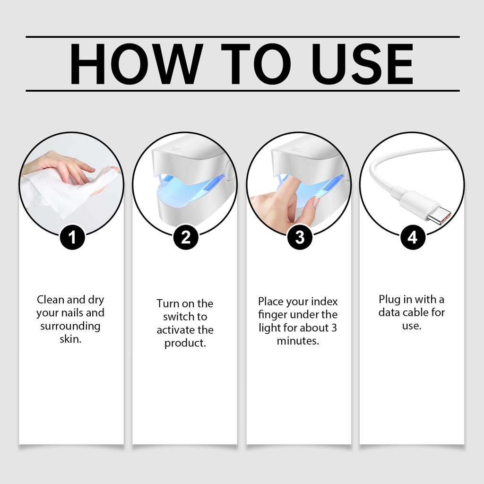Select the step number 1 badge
[x=72, y=237]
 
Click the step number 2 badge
[x=185, y=237]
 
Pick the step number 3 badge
[x=299, y=237]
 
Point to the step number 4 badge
[x=413, y=237]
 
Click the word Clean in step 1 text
[x=50, y=299]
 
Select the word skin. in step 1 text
[x=70, y=339]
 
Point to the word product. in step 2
[x=185, y=343]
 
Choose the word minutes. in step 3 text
[x=298, y=341]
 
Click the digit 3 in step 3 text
[x=334, y=328]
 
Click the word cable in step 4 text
[x=415, y=312]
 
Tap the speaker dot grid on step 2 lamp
[x=176, y=149]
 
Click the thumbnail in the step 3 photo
[x=317, y=202]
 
